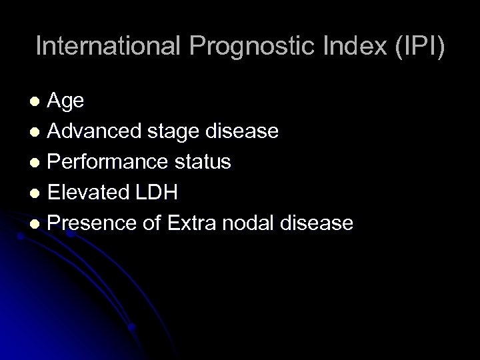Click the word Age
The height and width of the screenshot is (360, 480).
(x=66, y=101)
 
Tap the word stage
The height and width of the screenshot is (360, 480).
(x=170, y=131)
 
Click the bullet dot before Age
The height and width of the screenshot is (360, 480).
(x=39, y=102)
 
